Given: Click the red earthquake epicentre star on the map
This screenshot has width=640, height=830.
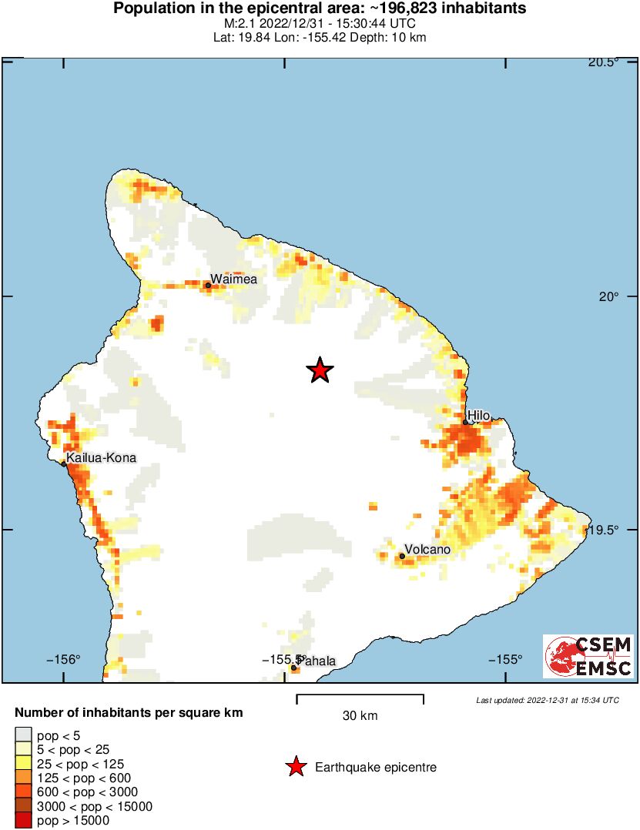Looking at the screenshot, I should [x=320, y=370].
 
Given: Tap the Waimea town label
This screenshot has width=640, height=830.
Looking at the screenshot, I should [x=233, y=279].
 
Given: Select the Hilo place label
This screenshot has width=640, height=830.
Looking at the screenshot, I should [x=478, y=416].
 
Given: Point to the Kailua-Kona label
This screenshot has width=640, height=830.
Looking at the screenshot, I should [x=101, y=458].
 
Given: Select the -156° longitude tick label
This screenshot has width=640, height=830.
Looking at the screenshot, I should [x=64, y=659].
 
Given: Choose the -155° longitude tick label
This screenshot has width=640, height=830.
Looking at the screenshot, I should [x=506, y=659].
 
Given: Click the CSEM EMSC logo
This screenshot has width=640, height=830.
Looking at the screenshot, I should [x=588, y=656].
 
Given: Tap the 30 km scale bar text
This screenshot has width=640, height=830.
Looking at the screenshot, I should [x=360, y=716].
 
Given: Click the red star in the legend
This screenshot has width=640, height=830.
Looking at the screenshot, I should [x=295, y=767].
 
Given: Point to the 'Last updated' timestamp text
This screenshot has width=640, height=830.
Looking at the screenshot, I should [x=548, y=700].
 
